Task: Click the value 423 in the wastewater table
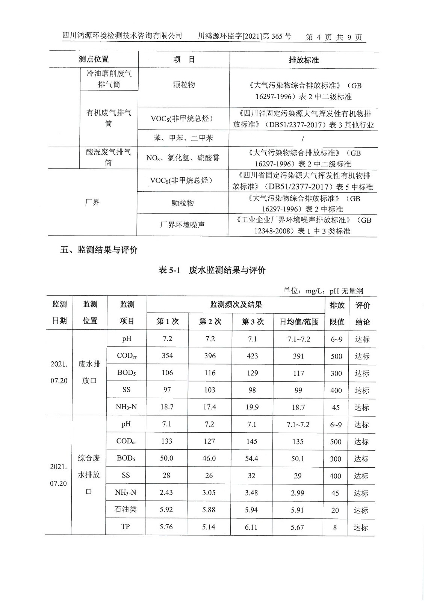252,356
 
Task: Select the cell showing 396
210,356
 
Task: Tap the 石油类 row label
126,510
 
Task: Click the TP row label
126,527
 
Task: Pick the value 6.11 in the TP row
251,527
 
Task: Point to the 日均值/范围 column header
299,322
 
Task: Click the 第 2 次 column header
210,322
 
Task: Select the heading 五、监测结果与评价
99,250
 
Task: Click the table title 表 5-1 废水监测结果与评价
212,270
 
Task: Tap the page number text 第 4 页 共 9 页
334,37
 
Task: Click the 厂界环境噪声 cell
182,225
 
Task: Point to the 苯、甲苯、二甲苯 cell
183,138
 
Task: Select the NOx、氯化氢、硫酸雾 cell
183,158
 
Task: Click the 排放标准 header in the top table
304,60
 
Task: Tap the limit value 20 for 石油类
335,510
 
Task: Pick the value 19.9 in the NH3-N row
252,407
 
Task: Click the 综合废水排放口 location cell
89,474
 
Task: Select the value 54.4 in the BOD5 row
252,458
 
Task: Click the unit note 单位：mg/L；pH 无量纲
323,291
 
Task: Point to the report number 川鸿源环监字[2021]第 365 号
244,36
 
